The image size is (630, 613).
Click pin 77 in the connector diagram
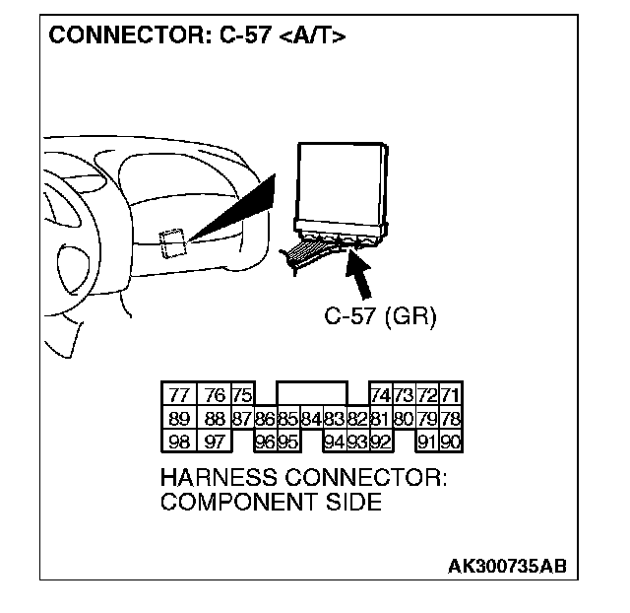[179, 395]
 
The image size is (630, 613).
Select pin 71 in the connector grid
[451, 395]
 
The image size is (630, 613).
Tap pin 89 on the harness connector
[179, 418]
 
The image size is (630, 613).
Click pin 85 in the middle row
[288, 418]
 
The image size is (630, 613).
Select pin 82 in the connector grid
[356, 418]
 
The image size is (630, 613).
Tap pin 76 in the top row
[215, 395]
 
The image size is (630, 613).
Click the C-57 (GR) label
[379, 317]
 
